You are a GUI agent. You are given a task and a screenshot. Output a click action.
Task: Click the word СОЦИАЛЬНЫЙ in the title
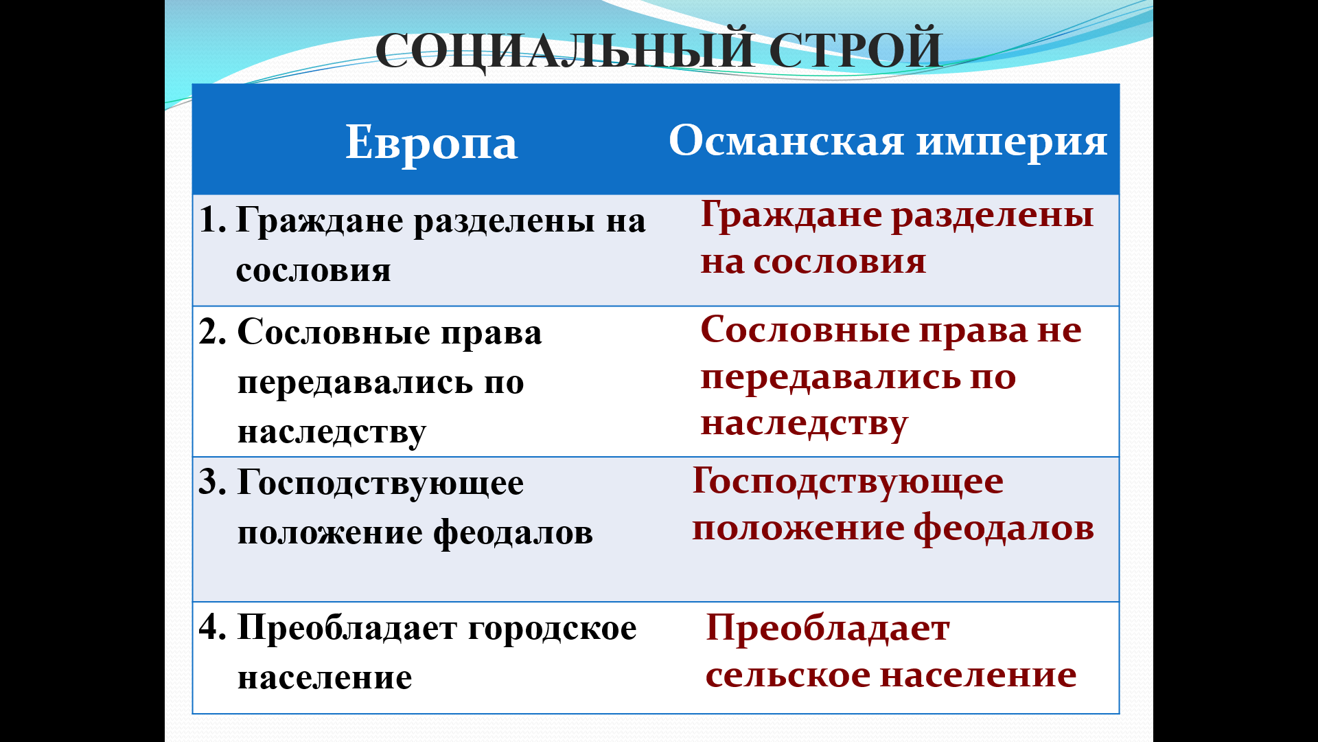click(565, 50)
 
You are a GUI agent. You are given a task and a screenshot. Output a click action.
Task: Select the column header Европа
click(431, 144)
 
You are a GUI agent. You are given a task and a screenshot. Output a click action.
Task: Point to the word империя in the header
click(1013, 143)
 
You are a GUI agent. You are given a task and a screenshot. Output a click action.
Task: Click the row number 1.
click(211, 221)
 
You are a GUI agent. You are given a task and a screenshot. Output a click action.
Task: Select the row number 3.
click(212, 482)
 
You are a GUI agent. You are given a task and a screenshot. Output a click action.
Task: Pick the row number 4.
click(213, 627)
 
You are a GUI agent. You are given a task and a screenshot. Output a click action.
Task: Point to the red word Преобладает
click(828, 628)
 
